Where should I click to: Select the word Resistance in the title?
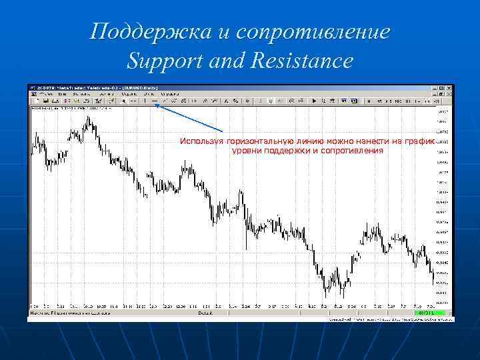(x=301, y=62)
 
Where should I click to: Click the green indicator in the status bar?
(x=424, y=312)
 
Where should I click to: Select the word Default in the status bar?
(x=205, y=312)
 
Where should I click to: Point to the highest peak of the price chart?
(x=88, y=117)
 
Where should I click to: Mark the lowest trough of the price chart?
(x=326, y=296)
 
